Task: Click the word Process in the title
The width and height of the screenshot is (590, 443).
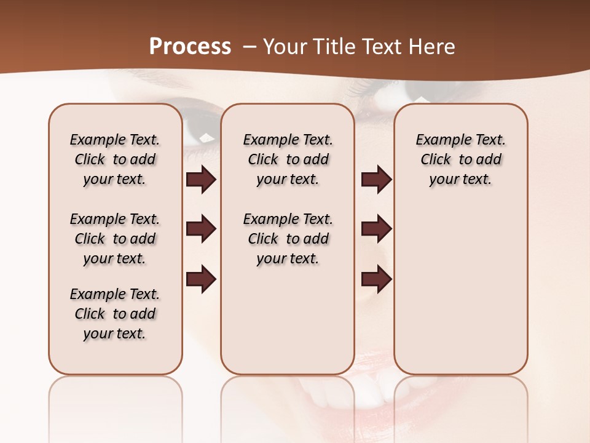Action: click(190, 47)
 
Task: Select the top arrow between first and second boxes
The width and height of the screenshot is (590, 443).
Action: click(201, 180)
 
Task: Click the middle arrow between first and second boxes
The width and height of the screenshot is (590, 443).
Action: click(201, 229)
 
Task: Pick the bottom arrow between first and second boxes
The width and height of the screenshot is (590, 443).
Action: click(201, 280)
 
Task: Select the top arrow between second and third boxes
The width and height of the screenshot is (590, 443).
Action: click(376, 180)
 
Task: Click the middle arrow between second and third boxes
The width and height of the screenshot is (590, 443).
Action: click(376, 229)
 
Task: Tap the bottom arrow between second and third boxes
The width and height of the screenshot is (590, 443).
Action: click(376, 280)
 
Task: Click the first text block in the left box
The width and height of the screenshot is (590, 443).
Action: click(115, 159)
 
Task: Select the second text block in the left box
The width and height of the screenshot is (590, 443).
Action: click(115, 239)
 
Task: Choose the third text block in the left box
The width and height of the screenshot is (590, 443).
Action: click(115, 314)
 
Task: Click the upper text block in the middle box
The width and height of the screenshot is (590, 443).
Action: click(288, 159)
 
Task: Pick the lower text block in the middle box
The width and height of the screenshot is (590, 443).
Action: click(288, 239)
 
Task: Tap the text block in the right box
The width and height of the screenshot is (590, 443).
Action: click(460, 159)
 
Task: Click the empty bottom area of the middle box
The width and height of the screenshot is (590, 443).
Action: click(288, 326)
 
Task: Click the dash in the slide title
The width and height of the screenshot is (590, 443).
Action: click(249, 47)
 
